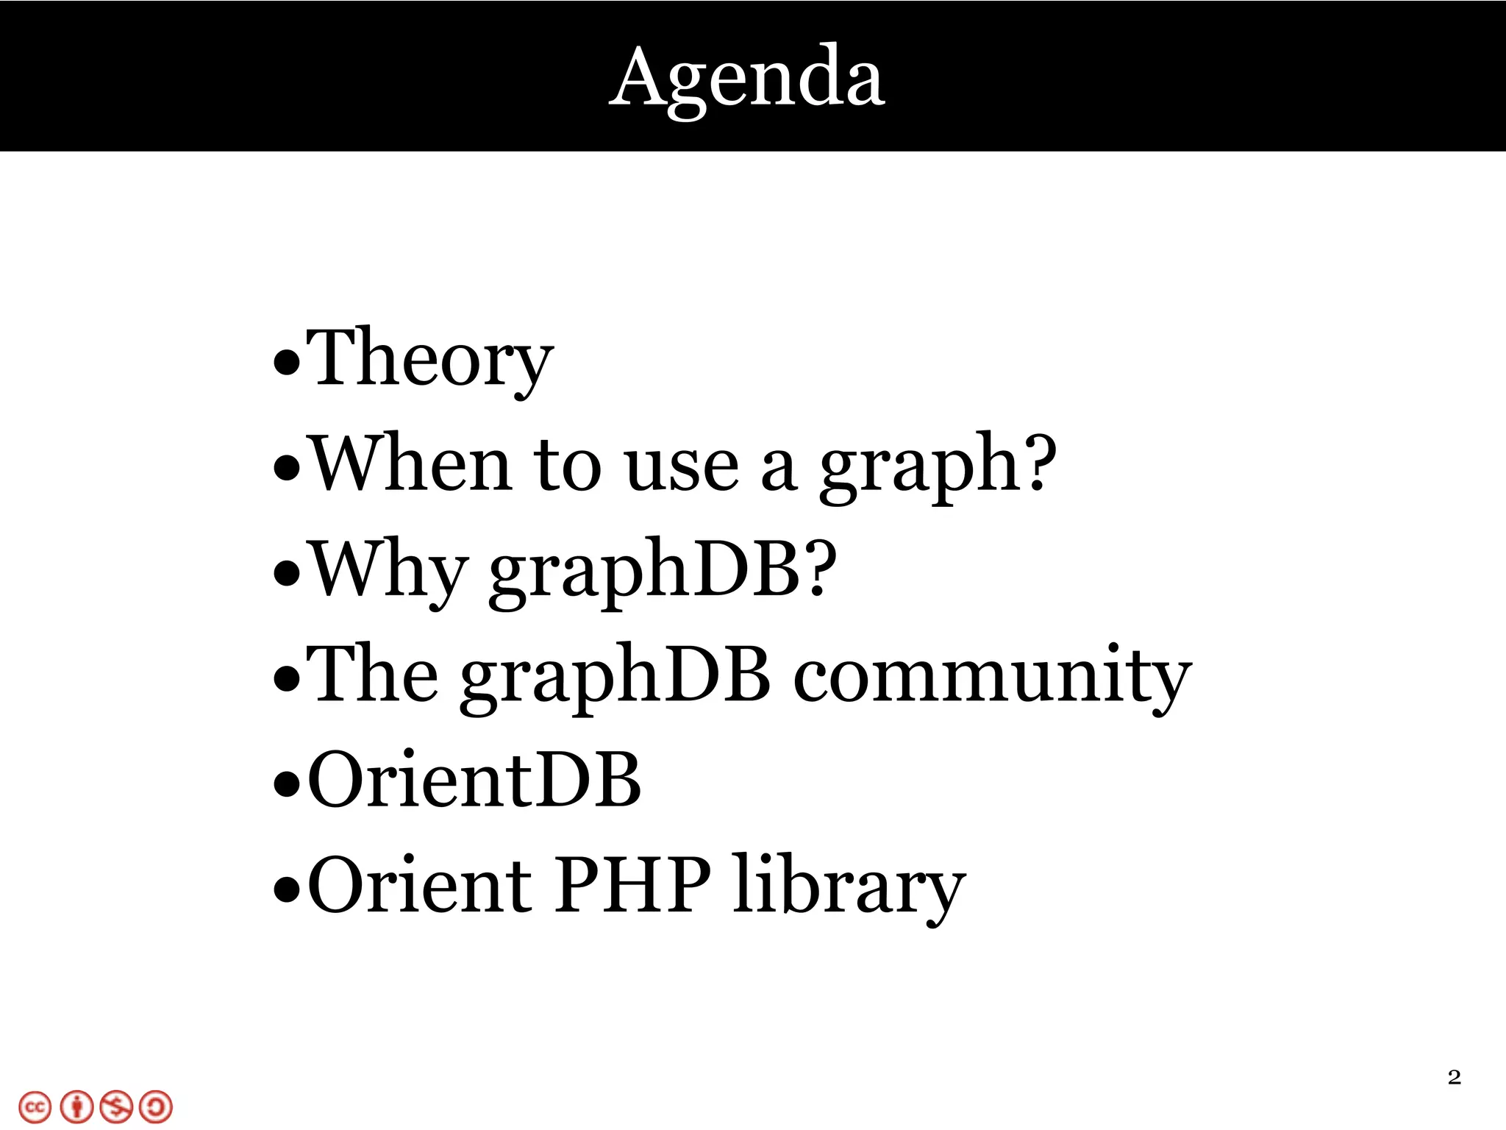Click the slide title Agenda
[747, 78]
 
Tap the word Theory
[429, 358]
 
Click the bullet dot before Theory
[286, 362]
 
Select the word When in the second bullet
[410, 465]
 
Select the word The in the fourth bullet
[372, 675]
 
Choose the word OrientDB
[474, 781]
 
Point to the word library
[849, 886]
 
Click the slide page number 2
[1454, 1078]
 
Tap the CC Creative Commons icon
[35, 1107]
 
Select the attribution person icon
[76, 1107]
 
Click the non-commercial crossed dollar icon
[116, 1107]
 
